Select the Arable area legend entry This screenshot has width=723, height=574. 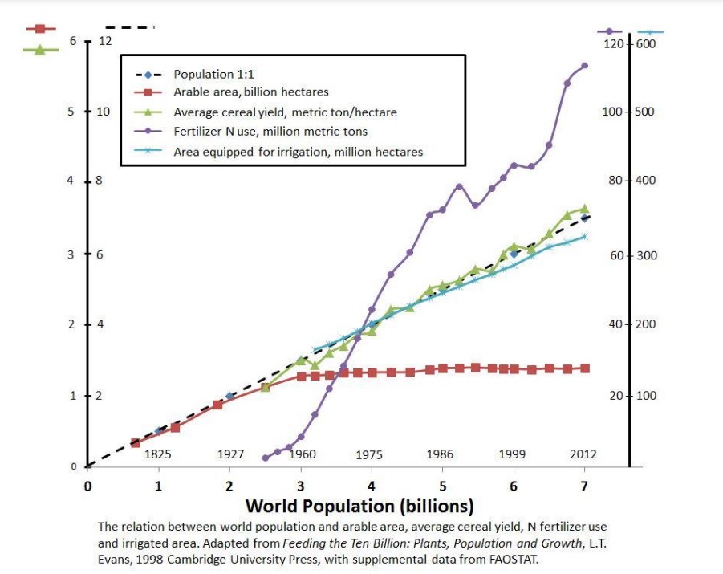pyautogui.click(x=250, y=92)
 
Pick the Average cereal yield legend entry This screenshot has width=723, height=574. pyautogui.click(x=284, y=112)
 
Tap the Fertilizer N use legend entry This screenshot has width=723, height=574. pyautogui.click(x=270, y=131)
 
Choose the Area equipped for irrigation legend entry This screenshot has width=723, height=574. pyautogui.click(x=298, y=151)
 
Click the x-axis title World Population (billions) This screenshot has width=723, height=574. pyautogui.click(x=359, y=506)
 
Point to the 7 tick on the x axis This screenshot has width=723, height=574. pyautogui.click(x=584, y=485)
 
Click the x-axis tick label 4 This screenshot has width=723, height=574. pyautogui.click(x=372, y=485)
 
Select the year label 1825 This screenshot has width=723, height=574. pyautogui.click(x=157, y=454)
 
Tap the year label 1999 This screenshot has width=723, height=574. pyautogui.click(x=513, y=454)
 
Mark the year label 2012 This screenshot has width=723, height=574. pyautogui.click(x=583, y=454)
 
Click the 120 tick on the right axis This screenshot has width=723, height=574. pyautogui.click(x=613, y=43)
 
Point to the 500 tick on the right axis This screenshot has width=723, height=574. pyautogui.click(x=645, y=112)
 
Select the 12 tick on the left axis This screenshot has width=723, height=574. pyautogui.click(x=104, y=41)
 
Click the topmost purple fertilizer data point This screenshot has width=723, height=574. pyautogui.click(x=584, y=65)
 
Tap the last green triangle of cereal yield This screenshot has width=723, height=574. pyautogui.click(x=584, y=209)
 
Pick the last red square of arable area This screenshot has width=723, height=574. pyautogui.click(x=584, y=368)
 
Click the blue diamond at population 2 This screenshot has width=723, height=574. pyautogui.click(x=229, y=396)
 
